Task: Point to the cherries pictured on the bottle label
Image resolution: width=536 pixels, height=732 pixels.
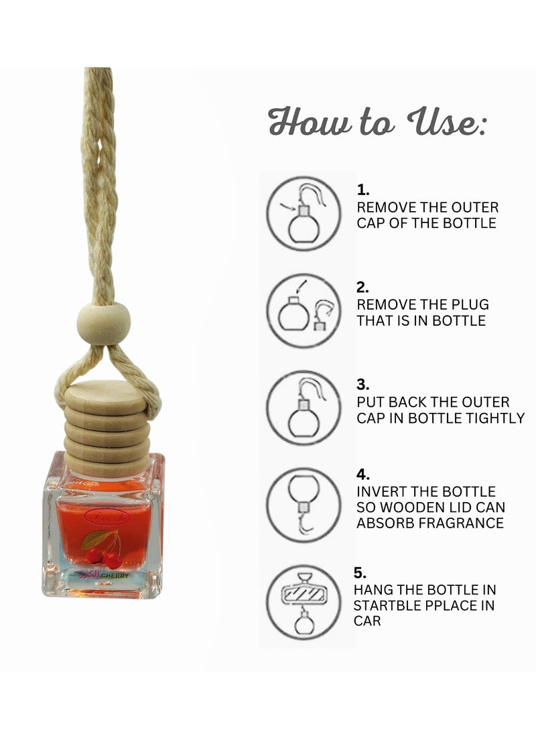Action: [103, 553]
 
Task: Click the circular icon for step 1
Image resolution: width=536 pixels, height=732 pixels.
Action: [304, 213]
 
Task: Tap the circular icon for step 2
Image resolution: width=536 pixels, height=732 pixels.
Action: [304, 310]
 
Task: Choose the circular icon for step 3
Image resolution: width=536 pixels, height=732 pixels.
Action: [304, 408]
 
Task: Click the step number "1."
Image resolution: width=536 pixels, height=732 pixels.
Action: [362, 190]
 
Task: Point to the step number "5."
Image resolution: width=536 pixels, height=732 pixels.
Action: [360, 573]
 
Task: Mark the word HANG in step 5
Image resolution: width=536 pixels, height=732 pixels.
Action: [373, 590]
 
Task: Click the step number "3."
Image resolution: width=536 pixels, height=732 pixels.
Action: [362, 385]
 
